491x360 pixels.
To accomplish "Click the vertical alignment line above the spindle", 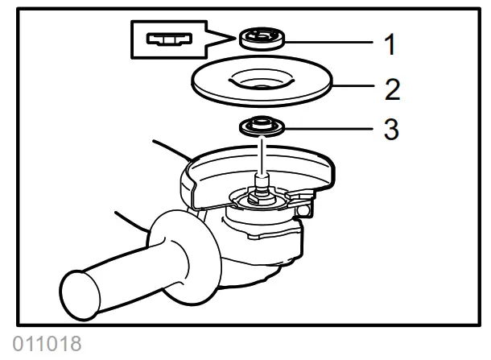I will click(259, 153).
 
